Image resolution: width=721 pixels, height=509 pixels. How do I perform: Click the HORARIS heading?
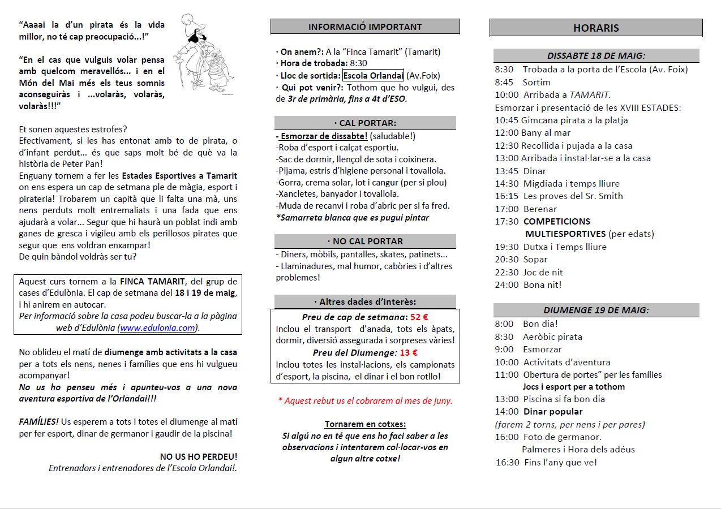pos(596,28)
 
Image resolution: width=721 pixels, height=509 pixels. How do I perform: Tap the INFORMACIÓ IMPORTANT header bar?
pos(365,27)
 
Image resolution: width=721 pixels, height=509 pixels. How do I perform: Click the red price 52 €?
pos(419,317)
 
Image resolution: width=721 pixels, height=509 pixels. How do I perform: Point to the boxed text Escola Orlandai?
pos(373,76)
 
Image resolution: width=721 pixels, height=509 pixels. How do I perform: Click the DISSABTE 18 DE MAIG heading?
pos(596,55)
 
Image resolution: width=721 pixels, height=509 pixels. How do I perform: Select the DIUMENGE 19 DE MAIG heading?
pos(596,310)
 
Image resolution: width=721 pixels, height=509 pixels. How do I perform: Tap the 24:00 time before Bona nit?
pos(507,284)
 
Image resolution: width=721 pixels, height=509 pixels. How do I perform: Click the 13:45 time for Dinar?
pos(507,171)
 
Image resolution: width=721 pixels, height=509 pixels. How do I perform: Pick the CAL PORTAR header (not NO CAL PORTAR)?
pos(365,123)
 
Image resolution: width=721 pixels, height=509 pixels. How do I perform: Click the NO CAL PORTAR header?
pos(365,241)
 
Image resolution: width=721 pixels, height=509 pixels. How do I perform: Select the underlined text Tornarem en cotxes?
pos(365,424)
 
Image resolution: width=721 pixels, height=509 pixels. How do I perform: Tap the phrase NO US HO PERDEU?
pos(199,456)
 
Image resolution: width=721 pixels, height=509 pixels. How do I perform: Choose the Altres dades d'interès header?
pos(365,301)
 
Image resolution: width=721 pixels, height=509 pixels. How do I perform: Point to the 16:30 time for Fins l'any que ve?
pos(508,462)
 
